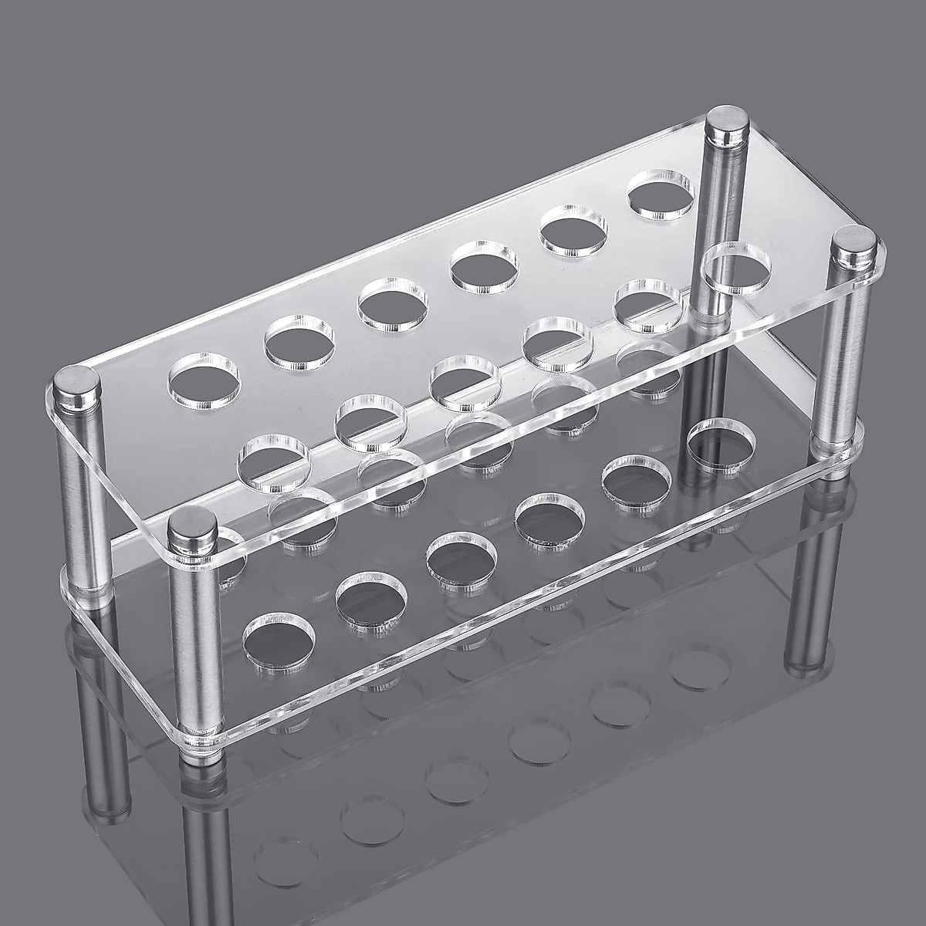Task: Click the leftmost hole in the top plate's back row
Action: pyautogui.click(x=204, y=378)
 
